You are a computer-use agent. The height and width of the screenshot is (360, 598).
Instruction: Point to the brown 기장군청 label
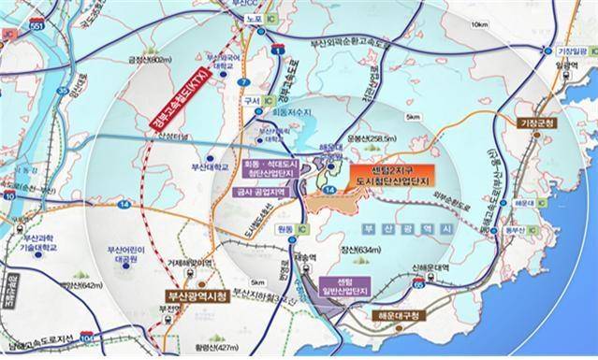(536, 123)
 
